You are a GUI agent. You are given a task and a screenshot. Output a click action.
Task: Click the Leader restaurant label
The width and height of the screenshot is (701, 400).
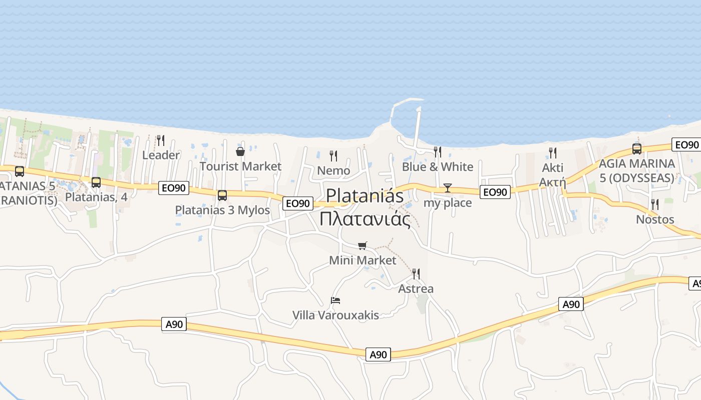coord(161,155)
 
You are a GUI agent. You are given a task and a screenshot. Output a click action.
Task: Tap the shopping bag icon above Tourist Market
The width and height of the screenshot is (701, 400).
coord(240,151)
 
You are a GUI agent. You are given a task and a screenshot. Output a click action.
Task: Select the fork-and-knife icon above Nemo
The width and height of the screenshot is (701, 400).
coord(333,155)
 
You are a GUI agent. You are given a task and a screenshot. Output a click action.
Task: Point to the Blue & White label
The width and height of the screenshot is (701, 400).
coord(438,166)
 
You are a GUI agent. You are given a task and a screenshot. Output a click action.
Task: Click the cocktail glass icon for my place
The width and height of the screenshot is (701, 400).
coord(448,188)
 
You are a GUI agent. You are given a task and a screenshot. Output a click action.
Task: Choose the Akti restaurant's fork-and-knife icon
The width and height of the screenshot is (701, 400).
coord(553,153)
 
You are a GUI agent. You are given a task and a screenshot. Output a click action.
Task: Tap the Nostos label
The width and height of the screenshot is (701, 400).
coord(655,219)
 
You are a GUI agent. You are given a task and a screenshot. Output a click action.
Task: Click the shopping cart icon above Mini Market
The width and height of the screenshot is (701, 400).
coord(363,245)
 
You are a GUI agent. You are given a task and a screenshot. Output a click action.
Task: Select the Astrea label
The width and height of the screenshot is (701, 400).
coord(416,288)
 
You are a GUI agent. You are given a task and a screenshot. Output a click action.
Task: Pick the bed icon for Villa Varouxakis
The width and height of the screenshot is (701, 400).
coord(335,300)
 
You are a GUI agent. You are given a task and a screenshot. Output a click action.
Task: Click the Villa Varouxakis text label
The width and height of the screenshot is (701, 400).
coord(335,315)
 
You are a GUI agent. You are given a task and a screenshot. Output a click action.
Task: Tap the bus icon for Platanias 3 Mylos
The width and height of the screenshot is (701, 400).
coord(222,195)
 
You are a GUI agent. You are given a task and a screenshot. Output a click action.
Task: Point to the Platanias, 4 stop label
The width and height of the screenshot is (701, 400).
coord(96,197)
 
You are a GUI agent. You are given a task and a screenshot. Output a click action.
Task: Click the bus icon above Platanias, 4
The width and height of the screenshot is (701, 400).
coord(96,182)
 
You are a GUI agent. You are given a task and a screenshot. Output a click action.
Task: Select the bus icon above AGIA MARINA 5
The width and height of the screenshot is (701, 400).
coord(637,148)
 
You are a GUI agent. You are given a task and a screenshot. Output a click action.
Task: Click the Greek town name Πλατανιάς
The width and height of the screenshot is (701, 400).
coord(365,219)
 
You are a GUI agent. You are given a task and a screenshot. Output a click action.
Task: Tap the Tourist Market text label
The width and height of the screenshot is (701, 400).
coord(240,166)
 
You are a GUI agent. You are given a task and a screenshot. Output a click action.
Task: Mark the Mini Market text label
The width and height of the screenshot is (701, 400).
coord(363,260)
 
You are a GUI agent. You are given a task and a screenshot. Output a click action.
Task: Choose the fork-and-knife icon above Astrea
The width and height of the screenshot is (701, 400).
coord(416,273)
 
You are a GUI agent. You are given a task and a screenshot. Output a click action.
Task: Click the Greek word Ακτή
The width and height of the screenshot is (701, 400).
coord(552,182)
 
